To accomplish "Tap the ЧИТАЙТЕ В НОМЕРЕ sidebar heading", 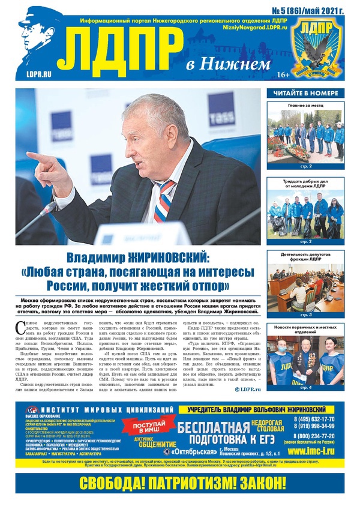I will click(x=306, y=93).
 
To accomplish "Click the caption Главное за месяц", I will click(x=306, y=104).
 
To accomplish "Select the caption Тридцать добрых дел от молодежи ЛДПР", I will click(x=306, y=183).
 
